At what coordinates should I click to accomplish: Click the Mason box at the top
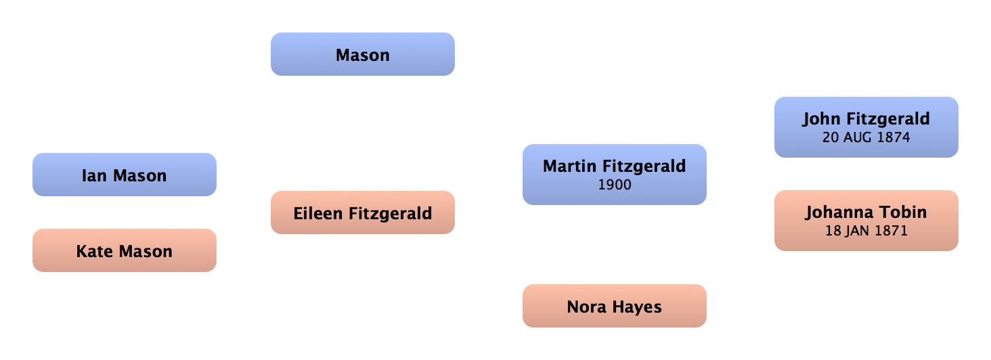tap(363, 55)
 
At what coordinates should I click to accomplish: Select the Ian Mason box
tap(124, 175)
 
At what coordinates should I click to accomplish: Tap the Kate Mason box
tap(124, 251)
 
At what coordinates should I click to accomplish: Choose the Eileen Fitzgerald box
tap(362, 213)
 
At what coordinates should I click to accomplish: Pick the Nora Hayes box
tap(614, 307)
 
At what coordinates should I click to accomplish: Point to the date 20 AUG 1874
tap(866, 137)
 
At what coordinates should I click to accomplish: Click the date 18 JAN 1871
tap(866, 231)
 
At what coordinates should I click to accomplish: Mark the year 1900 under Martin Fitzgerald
tap(615, 184)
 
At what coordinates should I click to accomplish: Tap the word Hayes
tap(636, 307)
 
